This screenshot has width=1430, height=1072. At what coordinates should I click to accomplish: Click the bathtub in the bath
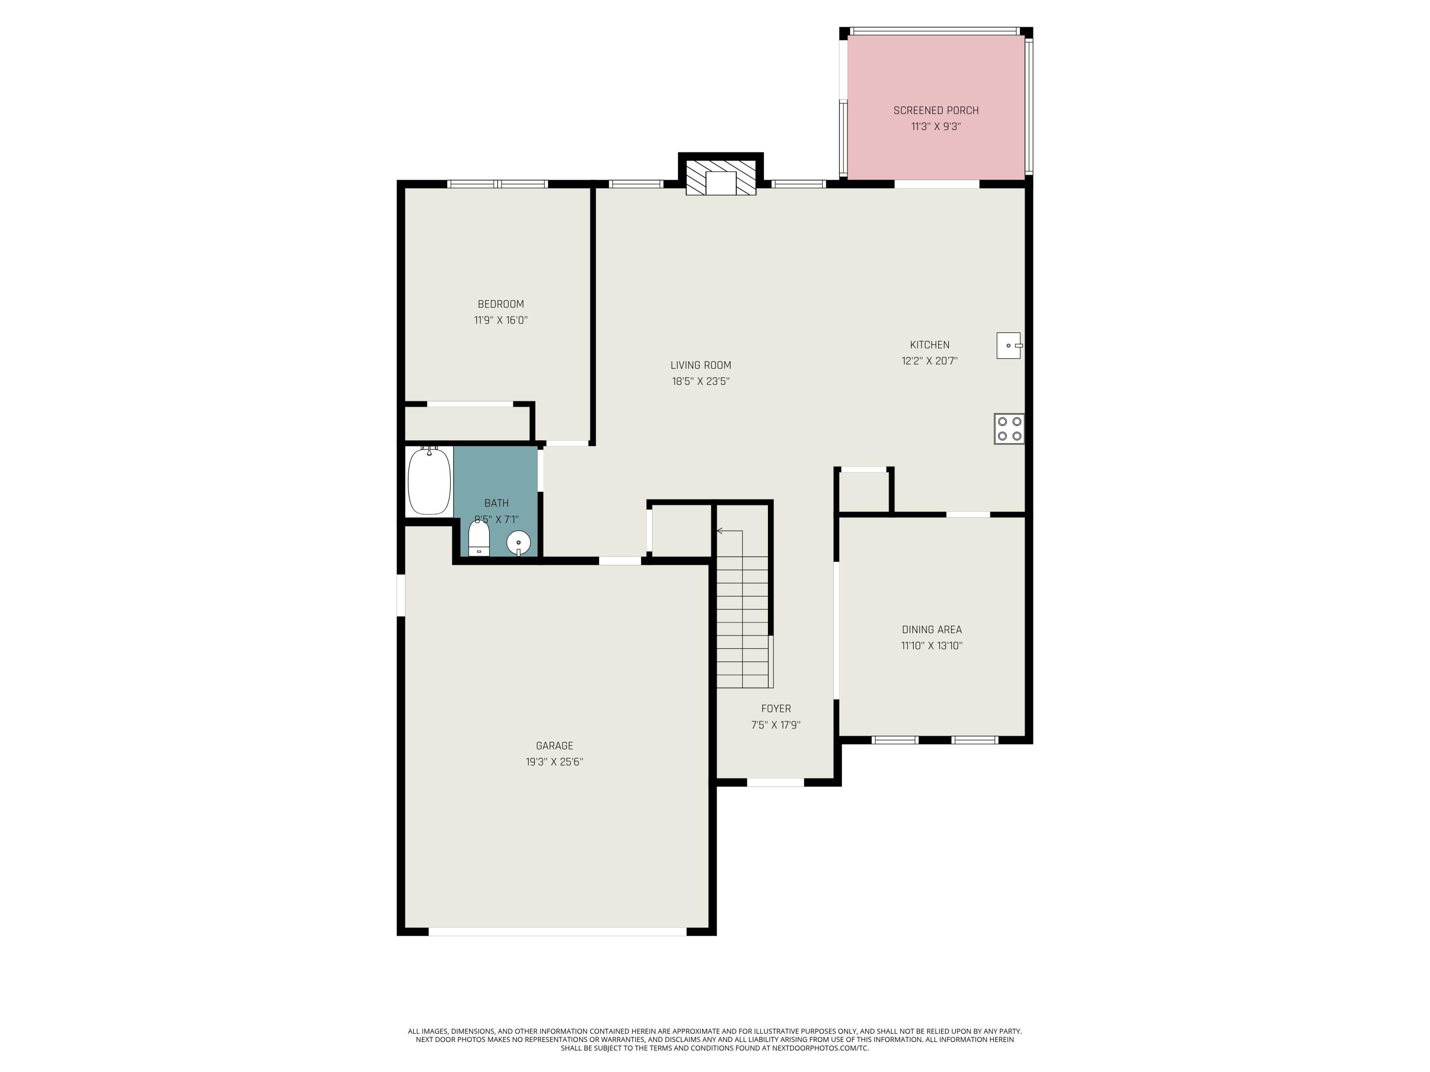pos(429,481)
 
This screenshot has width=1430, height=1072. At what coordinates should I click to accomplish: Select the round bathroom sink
pos(519,542)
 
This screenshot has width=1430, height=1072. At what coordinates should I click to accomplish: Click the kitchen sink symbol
pos(1008,346)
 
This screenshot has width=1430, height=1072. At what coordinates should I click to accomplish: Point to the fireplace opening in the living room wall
pos(721,183)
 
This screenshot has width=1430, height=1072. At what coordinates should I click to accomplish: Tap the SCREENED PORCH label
pos(935,111)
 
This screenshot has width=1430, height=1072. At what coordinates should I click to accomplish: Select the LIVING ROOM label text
pos(701,365)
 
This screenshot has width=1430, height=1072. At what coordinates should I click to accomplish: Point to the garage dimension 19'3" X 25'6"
pos(554,762)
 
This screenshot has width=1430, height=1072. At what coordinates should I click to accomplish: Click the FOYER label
pos(776,709)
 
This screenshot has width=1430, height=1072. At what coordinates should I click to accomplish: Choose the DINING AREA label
pos(931,629)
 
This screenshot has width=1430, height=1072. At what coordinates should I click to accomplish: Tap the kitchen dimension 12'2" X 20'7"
pos(929,361)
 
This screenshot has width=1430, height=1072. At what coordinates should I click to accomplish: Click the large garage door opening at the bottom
pos(557,932)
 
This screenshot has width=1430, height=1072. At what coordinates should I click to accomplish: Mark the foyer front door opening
pos(775,782)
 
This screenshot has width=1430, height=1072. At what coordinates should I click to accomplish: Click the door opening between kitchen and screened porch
pos(936,184)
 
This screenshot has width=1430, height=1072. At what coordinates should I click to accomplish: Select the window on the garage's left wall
pos(401,595)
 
